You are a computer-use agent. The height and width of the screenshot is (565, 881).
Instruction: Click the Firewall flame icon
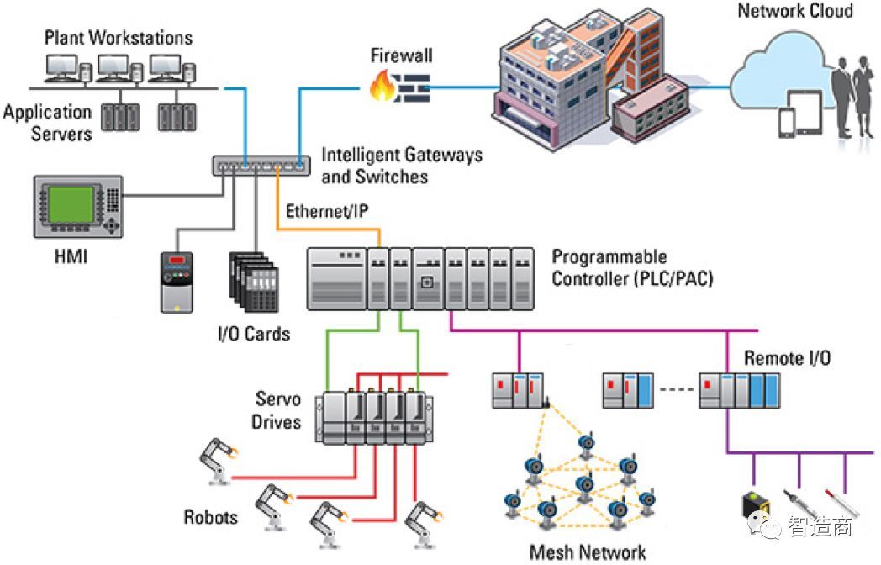pos(382,86)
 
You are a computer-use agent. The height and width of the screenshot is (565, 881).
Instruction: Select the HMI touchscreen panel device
pos(76,207)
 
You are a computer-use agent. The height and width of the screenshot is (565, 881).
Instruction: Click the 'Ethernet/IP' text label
pos(327,210)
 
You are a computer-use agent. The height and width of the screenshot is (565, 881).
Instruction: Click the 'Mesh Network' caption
pos(588,552)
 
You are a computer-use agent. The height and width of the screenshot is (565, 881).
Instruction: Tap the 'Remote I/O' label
pos(788,358)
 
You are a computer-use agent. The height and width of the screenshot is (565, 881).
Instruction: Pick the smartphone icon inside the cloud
pos(786,124)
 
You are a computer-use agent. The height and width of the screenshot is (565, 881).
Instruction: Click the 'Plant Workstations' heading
pos(118,38)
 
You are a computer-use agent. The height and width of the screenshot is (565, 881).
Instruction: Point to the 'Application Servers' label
pos(47,123)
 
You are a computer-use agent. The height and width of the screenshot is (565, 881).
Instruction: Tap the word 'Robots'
pos(211,516)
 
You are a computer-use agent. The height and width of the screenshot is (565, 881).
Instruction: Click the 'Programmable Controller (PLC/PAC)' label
pos(632,267)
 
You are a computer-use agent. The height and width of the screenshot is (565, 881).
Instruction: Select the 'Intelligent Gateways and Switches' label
pos(402,166)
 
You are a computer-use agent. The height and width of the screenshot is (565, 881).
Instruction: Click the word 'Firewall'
pos(402,56)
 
